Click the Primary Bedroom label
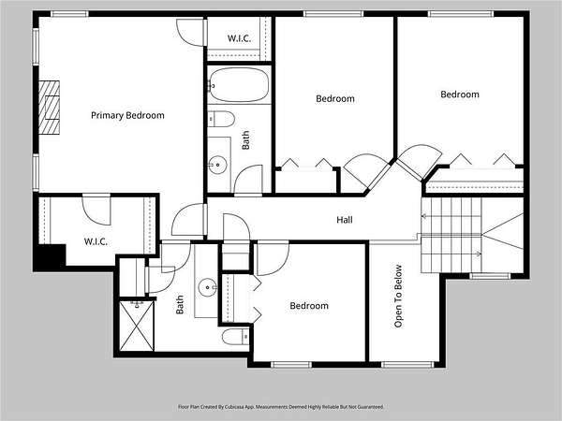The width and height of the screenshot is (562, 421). click(x=127, y=115)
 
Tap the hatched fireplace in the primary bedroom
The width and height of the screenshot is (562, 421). click(x=49, y=108)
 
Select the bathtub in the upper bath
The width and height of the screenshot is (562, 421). click(x=239, y=85)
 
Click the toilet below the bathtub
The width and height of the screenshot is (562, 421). click(x=221, y=119)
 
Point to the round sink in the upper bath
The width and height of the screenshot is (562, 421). click(x=218, y=166)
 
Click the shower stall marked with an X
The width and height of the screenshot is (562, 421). click(x=137, y=326)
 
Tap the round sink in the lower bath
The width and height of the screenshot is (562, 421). click(x=208, y=287)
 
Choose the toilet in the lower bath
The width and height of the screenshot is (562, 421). click(x=235, y=337)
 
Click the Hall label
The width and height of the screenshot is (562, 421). click(x=345, y=220)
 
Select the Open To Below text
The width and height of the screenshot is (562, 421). click(x=398, y=296)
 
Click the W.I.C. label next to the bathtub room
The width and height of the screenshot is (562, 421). click(x=239, y=38)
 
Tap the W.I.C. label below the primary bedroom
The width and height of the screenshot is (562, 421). click(x=96, y=241)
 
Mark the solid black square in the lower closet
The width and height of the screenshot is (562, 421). click(x=50, y=257)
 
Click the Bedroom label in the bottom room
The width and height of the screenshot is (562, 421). click(x=309, y=306)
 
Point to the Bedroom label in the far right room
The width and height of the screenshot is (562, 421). click(x=460, y=94)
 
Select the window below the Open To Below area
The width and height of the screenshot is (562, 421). click(x=407, y=365)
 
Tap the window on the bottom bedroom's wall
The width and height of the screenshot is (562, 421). click(x=291, y=365)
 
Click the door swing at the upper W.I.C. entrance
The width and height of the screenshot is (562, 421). click(x=190, y=32)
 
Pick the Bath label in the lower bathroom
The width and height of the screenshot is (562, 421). click(x=180, y=305)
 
